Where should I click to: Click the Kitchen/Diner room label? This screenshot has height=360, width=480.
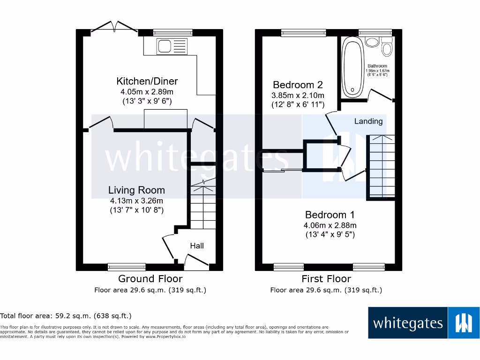pos(141,81)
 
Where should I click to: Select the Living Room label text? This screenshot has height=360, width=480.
pos(136,190)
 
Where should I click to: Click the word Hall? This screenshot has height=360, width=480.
pos(197,246)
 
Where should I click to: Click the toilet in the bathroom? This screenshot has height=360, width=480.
pos(387,48)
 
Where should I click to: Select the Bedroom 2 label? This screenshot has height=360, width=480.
pos(298,85)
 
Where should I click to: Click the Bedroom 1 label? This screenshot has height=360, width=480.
pos(330,215)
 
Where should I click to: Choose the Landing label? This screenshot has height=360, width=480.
pos(368,121)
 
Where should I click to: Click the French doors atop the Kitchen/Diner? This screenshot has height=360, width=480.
pos(114,28)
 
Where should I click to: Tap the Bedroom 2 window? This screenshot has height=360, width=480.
pos(300,32)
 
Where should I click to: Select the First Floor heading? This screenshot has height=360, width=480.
pos(326,279)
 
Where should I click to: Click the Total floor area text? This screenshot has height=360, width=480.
pos(66,316)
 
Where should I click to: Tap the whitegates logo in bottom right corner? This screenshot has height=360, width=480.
pos(424,322)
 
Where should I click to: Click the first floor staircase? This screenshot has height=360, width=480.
pos(380,166)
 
